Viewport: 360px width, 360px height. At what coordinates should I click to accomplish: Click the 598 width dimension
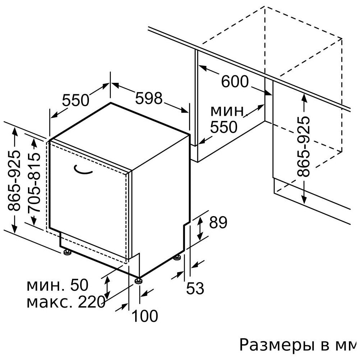tap(149, 98)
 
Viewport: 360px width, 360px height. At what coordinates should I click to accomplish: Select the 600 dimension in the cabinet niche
tap(235, 81)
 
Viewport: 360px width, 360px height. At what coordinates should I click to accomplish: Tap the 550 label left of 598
tap(76, 100)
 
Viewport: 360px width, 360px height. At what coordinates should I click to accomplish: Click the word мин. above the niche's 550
tap(227, 111)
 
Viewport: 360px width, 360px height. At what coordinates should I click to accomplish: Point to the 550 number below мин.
tap(224, 127)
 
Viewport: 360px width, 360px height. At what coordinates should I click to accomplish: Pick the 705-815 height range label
tap(34, 182)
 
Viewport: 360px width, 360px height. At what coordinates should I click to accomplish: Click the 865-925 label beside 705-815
tap(14, 181)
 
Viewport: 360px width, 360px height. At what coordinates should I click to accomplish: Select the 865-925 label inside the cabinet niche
tap(303, 147)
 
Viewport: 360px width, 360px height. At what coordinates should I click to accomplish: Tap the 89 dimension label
tap(218, 222)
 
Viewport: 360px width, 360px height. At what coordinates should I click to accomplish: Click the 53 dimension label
tap(195, 288)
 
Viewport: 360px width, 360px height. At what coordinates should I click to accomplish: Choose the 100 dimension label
tap(145, 316)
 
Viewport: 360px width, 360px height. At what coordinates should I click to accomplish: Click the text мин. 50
tap(57, 285)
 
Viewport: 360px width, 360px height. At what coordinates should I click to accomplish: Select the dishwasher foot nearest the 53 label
tap(177, 257)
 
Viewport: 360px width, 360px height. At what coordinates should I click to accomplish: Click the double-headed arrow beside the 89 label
tap(200, 228)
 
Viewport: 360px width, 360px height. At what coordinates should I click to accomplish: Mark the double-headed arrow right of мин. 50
tap(107, 287)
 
